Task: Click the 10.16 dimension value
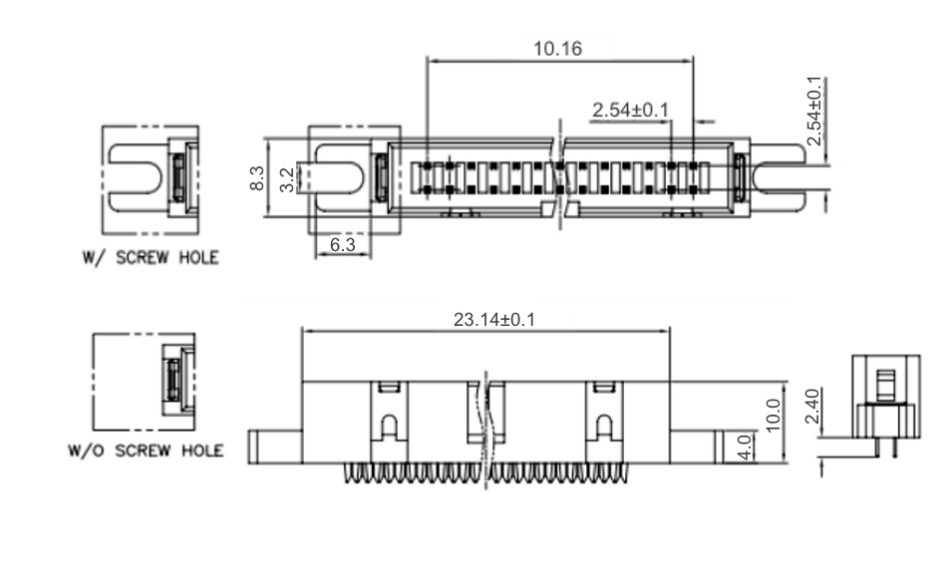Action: click(x=557, y=49)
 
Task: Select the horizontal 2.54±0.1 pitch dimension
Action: click(x=631, y=110)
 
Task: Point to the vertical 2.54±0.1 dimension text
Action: click(x=814, y=111)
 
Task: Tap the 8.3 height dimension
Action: click(x=257, y=178)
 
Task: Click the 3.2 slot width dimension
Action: click(x=288, y=180)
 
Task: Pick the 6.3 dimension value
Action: click(x=343, y=244)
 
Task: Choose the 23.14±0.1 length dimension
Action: click(x=494, y=320)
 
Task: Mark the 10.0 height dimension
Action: click(x=773, y=415)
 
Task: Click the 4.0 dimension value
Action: click(x=745, y=446)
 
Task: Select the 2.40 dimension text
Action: click(x=812, y=406)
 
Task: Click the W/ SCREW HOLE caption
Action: click(x=151, y=258)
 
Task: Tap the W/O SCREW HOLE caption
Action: click(x=146, y=450)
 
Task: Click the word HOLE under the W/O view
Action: click(x=202, y=450)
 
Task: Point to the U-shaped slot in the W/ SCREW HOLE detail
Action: click(x=136, y=179)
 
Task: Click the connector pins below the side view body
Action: click(x=485, y=473)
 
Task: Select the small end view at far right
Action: click(x=886, y=407)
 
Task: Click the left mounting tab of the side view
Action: click(x=275, y=446)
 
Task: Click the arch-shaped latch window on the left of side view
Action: click(x=389, y=427)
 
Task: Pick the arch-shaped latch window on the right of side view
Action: click(x=604, y=427)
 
